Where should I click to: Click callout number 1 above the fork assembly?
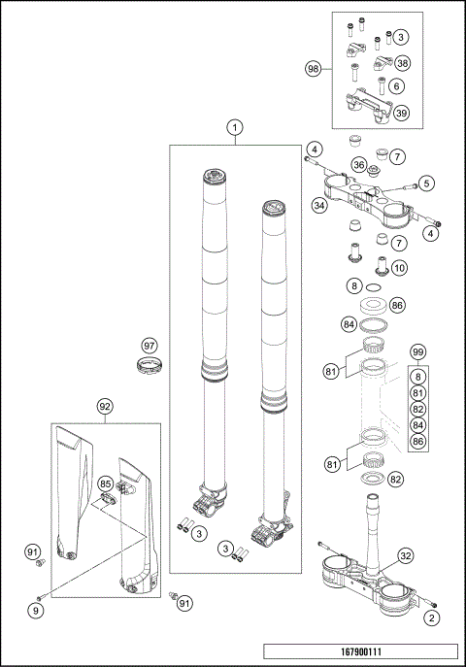(x=235, y=127)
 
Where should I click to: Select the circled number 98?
(x=314, y=69)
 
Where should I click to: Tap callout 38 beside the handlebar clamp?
(x=402, y=63)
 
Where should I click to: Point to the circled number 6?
(x=397, y=86)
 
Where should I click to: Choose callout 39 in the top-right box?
(x=401, y=113)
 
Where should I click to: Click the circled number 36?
(x=359, y=164)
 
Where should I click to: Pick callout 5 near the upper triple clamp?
(x=426, y=183)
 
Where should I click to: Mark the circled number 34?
(x=319, y=206)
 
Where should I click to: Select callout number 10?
(x=399, y=268)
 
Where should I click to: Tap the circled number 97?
(x=150, y=346)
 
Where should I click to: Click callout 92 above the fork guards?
(x=105, y=406)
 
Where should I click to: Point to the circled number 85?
(x=106, y=484)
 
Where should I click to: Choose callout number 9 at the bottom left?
(x=36, y=611)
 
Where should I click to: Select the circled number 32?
(x=406, y=555)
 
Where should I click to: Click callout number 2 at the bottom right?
(x=432, y=617)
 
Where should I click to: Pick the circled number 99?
(x=418, y=351)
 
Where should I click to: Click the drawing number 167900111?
(x=361, y=651)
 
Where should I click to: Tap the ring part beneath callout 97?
(x=150, y=366)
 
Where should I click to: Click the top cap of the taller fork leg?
(x=214, y=175)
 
